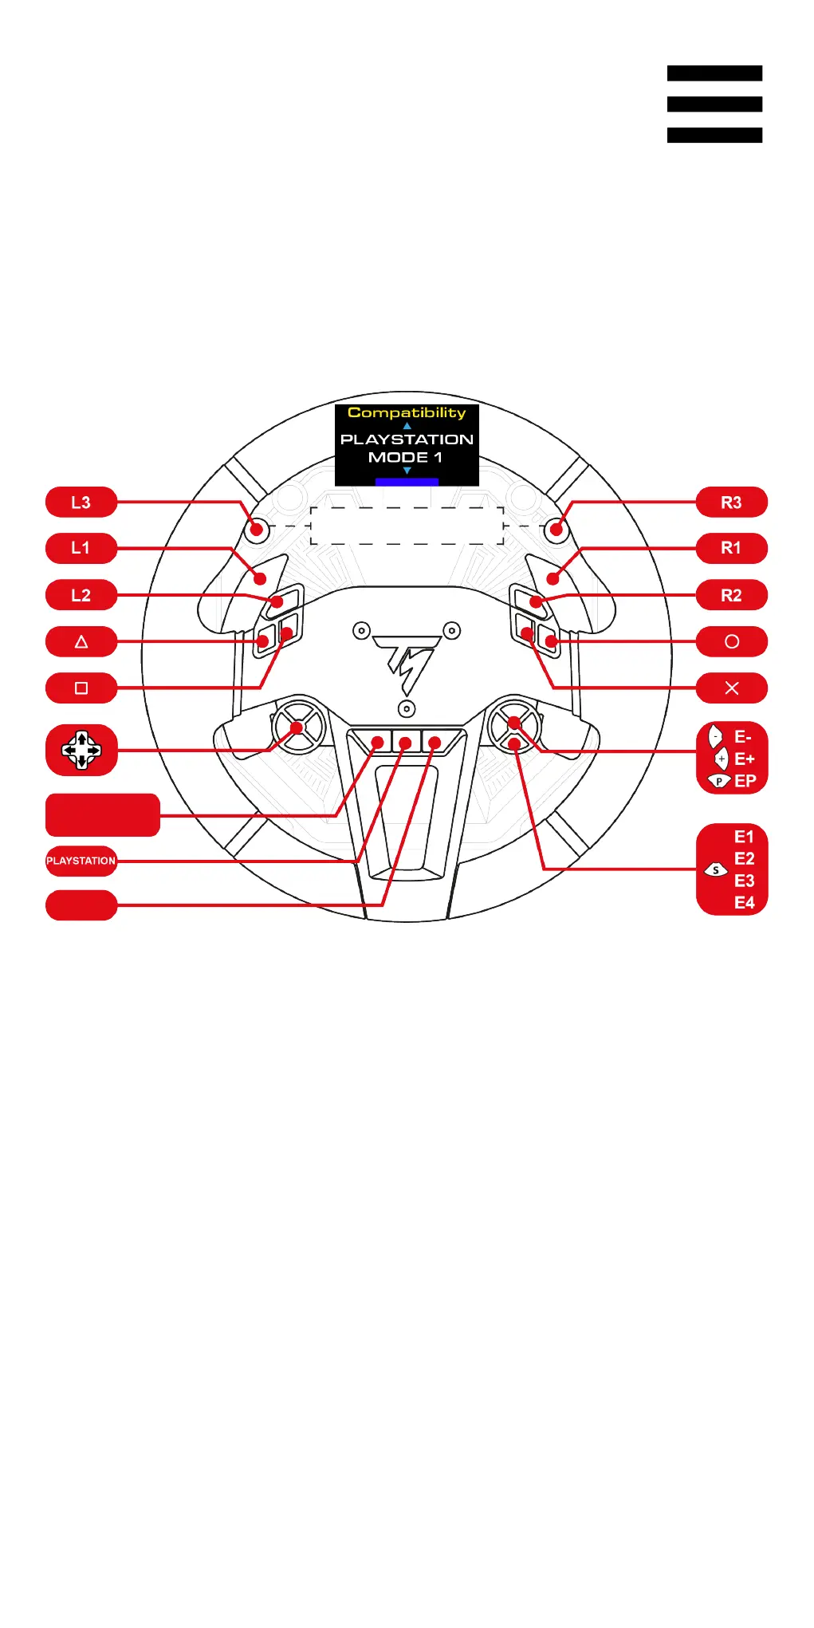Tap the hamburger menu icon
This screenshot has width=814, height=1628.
click(714, 104)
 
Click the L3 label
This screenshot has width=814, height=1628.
click(81, 503)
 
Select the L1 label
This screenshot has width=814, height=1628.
click(81, 548)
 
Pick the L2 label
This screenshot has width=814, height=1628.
click(81, 595)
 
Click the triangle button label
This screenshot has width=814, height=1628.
click(81, 641)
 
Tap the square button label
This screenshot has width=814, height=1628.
click(81, 688)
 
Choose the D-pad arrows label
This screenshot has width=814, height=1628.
click(81, 751)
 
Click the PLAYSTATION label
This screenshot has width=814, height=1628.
click(81, 861)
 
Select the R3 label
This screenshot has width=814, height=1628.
click(731, 503)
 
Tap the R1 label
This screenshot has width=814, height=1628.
click(731, 548)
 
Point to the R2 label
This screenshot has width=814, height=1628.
click(731, 595)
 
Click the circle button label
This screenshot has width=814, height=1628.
click(731, 641)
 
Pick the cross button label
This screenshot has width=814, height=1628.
click(731, 688)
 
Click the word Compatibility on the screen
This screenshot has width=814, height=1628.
click(407, 413)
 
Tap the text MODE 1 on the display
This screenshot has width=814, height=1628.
click(405, 457)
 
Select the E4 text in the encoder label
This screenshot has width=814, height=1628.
click(744, 903)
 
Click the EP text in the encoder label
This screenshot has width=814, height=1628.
click(745, 781)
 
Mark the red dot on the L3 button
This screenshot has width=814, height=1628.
click(257, 530)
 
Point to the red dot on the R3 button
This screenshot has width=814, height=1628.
click(556, 530)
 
